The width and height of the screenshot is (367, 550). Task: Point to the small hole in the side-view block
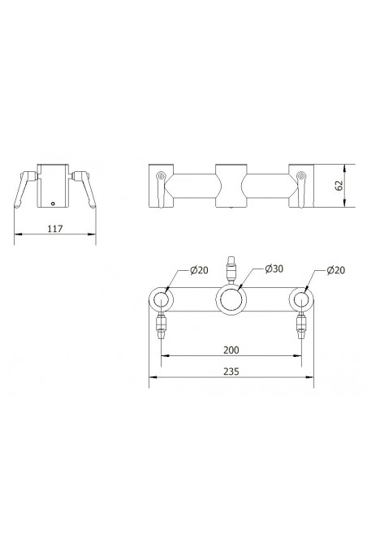54,204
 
